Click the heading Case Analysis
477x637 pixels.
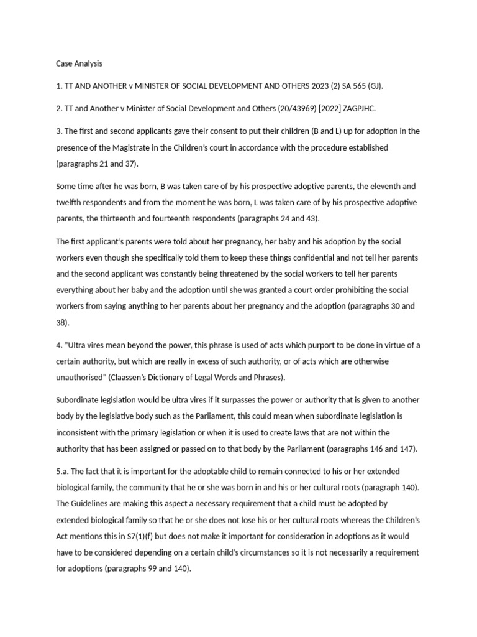(x=79, y=63)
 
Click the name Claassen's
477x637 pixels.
(x=149, y=378)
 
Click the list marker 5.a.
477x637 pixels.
(x=63, y=471)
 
